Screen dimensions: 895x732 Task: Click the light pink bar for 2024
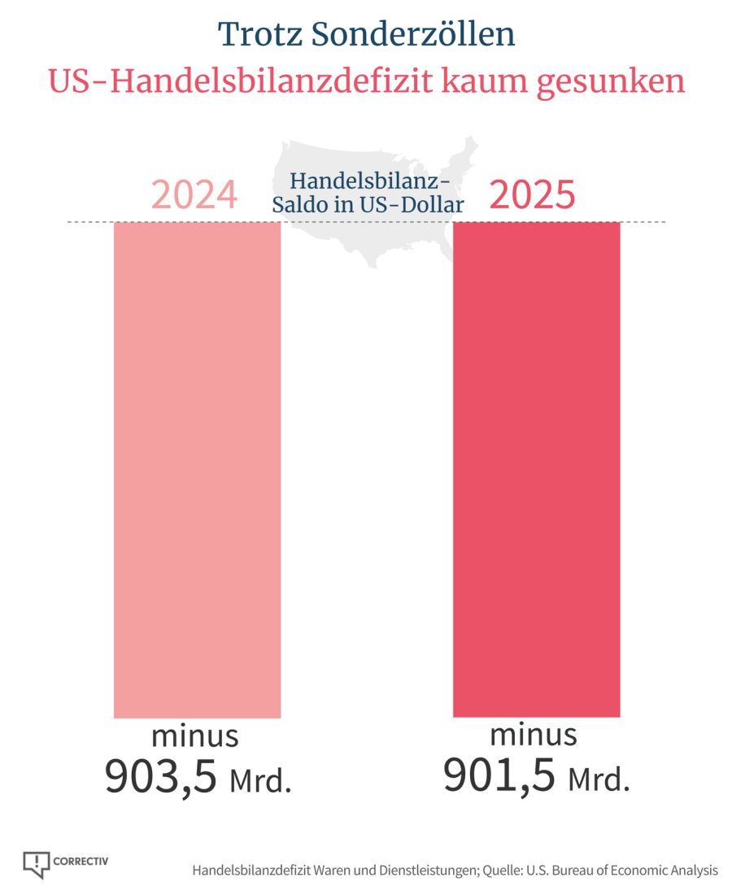coord(197,469)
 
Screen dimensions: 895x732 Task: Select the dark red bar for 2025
coord(536,469)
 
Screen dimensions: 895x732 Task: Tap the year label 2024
coord(194,195)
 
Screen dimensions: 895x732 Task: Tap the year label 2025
coord(532,195)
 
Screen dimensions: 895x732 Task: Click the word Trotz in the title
coord(259,34)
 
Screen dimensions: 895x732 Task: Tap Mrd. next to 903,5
coord(259,781)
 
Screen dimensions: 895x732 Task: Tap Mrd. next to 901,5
coord(599,779)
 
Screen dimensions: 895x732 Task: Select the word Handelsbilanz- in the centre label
coord(370,181)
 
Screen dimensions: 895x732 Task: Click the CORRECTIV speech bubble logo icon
coord(37,864)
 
